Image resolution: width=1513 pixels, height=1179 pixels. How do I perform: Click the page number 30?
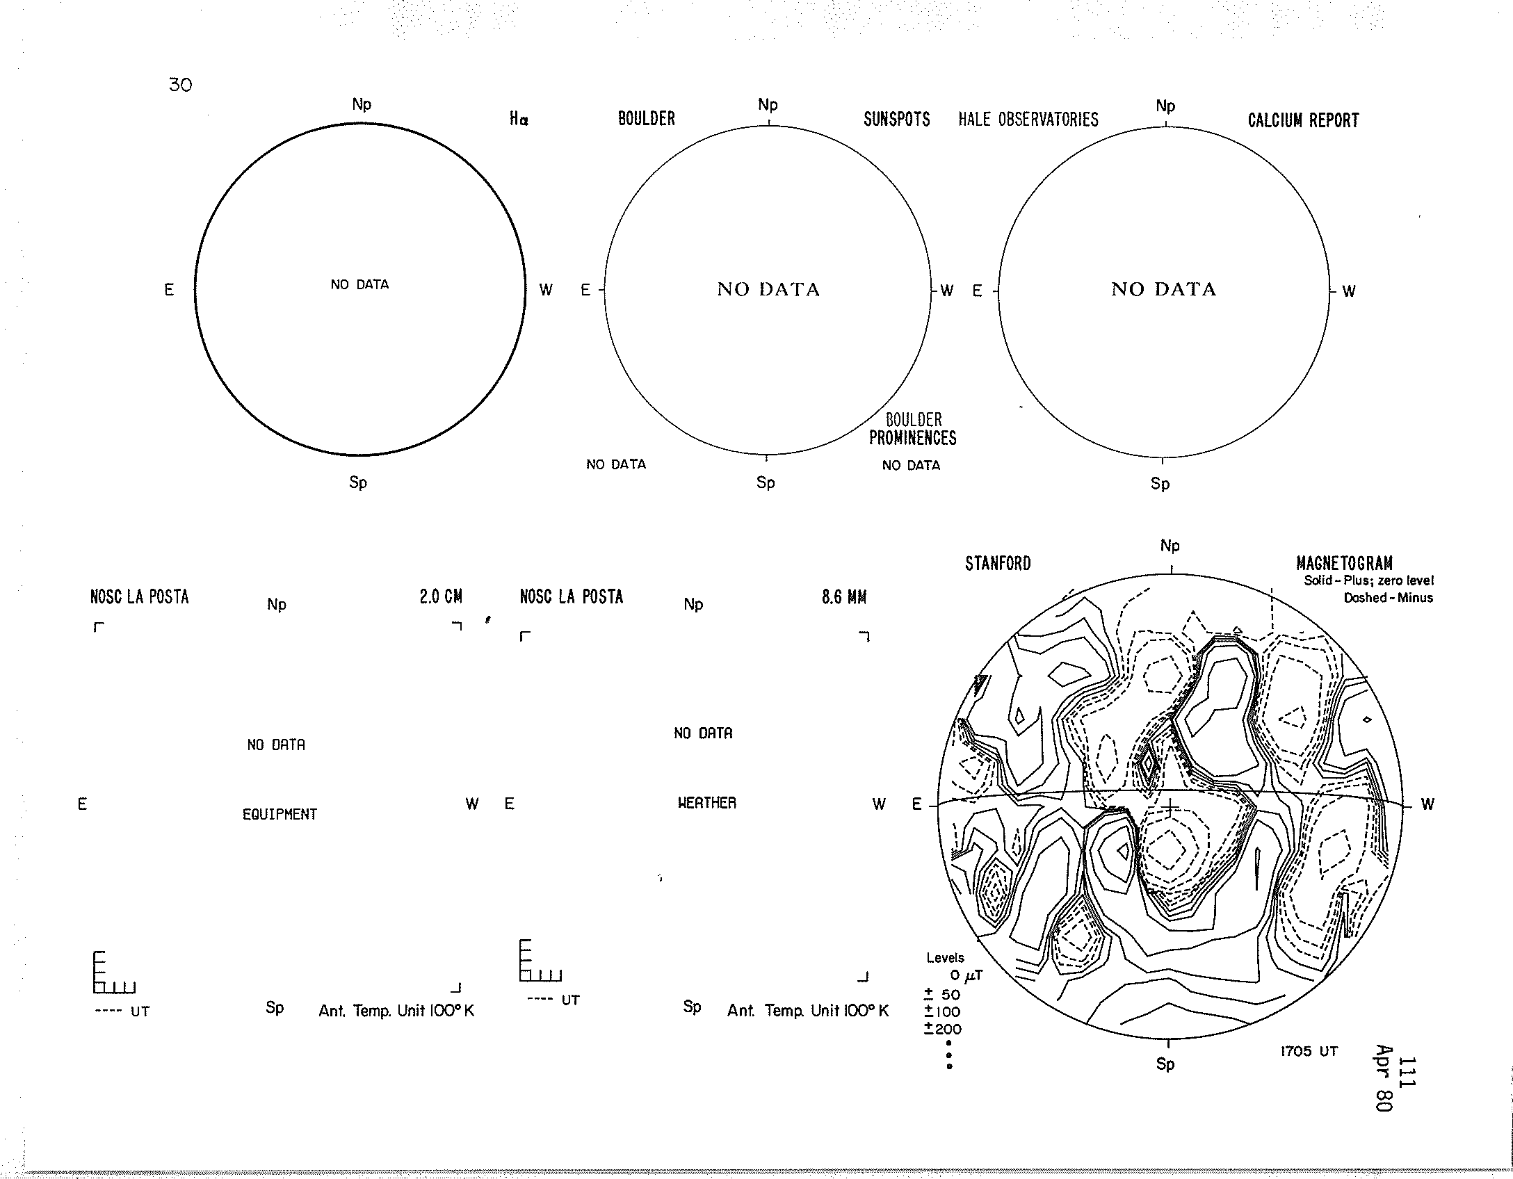click(x=180, y=85)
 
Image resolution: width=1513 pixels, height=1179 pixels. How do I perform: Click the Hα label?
click(x=519, y=120)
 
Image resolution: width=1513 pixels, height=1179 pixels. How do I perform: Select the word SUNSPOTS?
click(x=897, y=120)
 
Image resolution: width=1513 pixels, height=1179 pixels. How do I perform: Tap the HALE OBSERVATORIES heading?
click(x=1028, y=120)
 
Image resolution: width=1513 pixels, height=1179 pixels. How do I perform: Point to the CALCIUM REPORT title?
click(x=1303, y=120)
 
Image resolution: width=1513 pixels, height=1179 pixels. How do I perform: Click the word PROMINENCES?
click(x=913, y=438)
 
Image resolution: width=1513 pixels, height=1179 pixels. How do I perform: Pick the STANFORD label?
click(x=998, y=564)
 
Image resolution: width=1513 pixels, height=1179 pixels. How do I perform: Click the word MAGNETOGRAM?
click(x=1345, y=563)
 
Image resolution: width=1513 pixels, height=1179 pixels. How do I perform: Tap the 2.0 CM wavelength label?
click(x=441, y=596)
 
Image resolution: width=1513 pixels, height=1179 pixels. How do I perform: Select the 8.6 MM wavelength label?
click(x=844, y=597)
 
